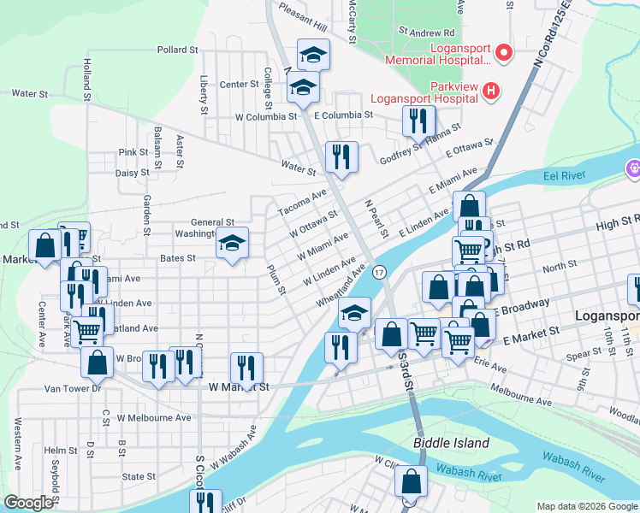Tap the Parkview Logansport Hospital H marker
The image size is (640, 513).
[x=490, y=90]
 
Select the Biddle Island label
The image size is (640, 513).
[x=451, y=443]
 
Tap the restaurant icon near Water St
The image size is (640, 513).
[x=341, y=156]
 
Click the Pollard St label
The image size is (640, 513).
[x=177, y=50]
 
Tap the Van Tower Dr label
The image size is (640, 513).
[x=72, y=388]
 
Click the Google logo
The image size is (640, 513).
[x=28, y=503]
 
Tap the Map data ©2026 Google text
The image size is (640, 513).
[x=587, y=506]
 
